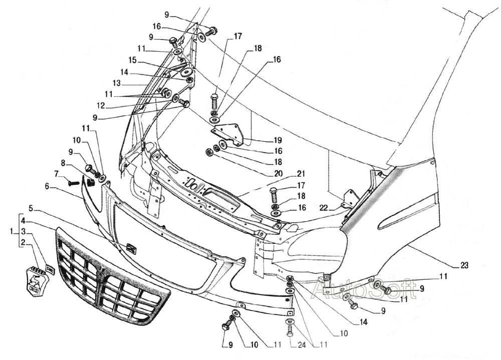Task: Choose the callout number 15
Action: pyautogui.click(x=132, y=60)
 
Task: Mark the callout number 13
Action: pyautogui.click(x=117, y=83)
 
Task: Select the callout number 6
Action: pyautogui.click(x=47, y=186)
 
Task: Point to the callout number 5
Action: pyautogui.click(x=31, y=207)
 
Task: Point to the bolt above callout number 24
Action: pyautogui.click(x=290, y=329)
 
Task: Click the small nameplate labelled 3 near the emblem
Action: pyautogui.click(x=50, y=270)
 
